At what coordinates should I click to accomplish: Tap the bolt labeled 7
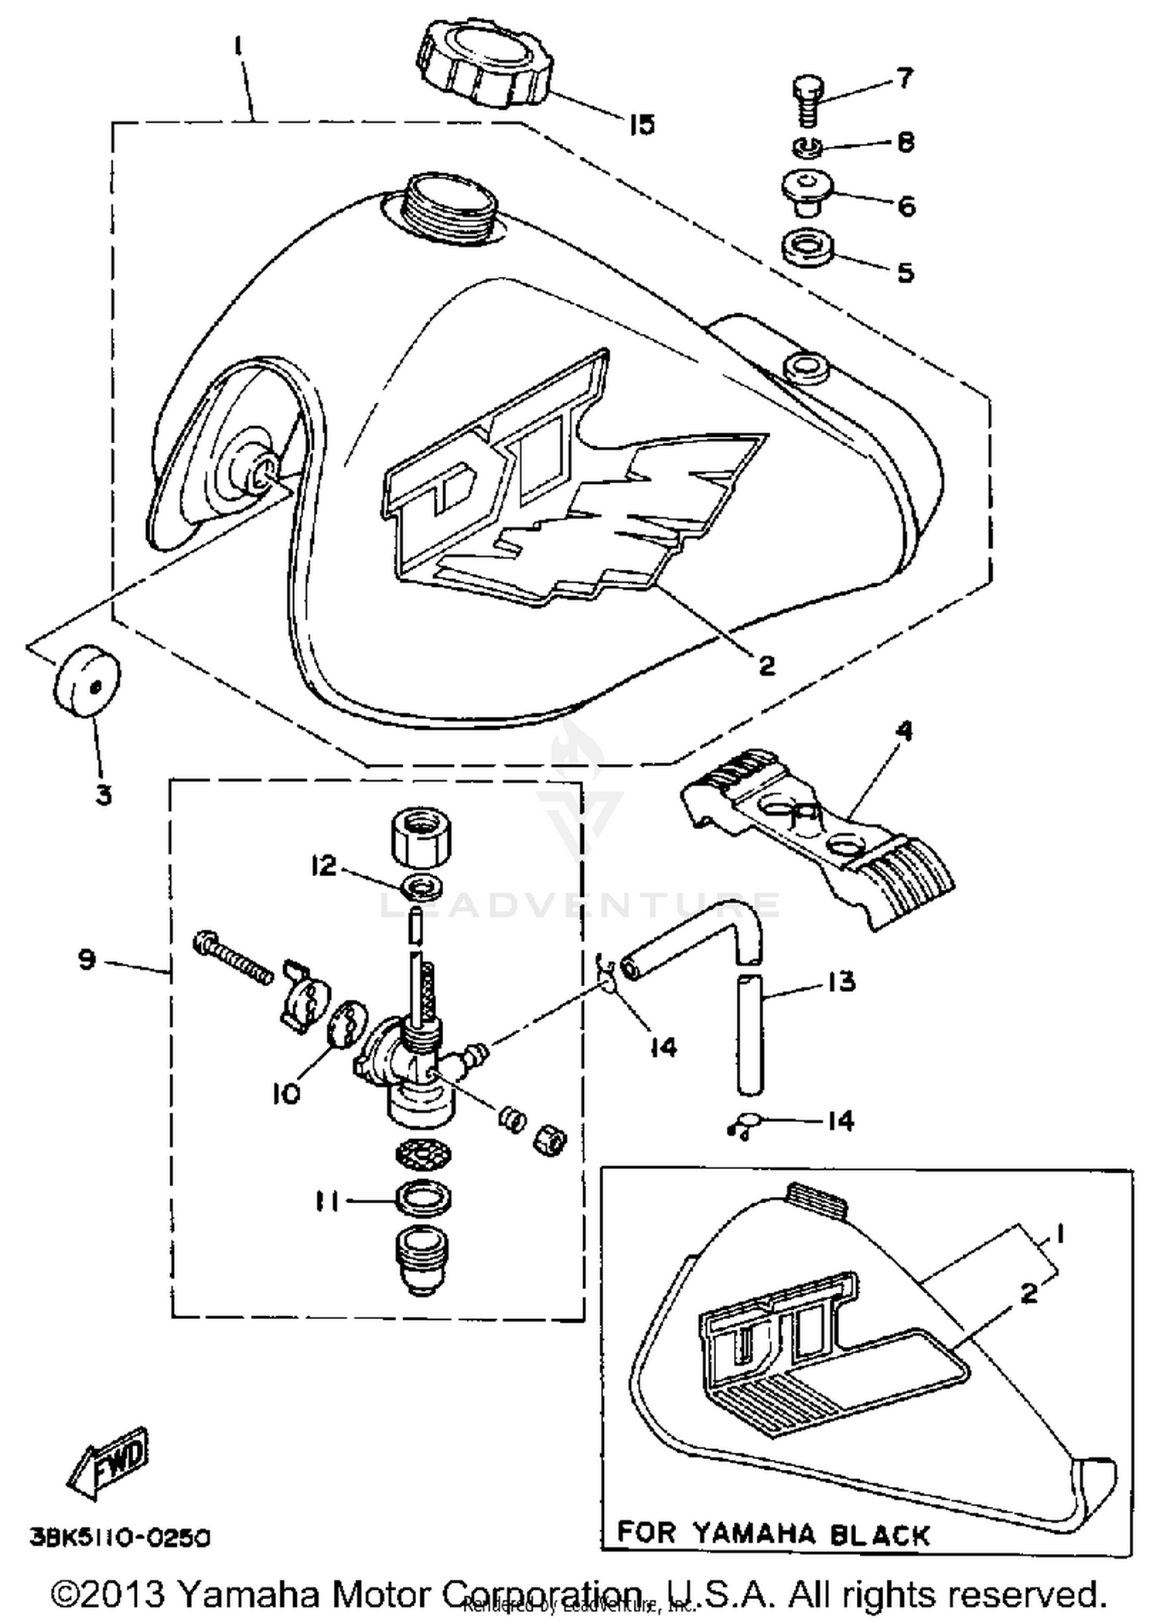tap(807, 100)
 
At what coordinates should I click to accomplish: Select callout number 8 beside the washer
tap(906, 142)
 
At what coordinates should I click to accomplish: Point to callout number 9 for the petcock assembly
tap(86, 960)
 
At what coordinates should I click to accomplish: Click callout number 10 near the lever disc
tap(285, 1093)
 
